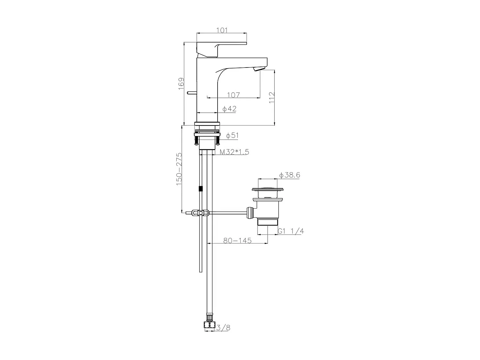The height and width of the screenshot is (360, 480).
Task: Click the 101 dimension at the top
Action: pos(222,30)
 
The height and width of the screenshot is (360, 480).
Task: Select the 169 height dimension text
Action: pos(181,84)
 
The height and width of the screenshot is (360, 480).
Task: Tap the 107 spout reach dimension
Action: pos(233,95)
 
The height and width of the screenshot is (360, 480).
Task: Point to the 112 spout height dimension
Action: pos(272,97)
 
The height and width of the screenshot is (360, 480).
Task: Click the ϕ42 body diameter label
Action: pos(229,109)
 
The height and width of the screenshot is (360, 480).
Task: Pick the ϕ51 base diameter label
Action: pos(232,136)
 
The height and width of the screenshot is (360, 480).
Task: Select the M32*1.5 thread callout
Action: pos(234,152)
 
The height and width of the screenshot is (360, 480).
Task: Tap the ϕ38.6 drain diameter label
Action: pos(289,175)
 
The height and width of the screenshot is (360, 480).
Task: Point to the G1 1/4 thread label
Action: pos(290,231)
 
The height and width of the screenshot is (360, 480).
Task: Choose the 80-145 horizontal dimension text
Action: pos(237,240)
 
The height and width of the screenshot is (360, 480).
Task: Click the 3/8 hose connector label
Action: pos(223,328)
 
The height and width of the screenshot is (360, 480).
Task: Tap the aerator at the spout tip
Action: pos(260,69)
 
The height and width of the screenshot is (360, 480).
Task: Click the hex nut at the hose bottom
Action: pos(209,324)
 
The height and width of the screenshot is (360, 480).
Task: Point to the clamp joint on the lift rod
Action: pos(200,213)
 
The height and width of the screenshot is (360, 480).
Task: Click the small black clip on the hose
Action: pos(201,189)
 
